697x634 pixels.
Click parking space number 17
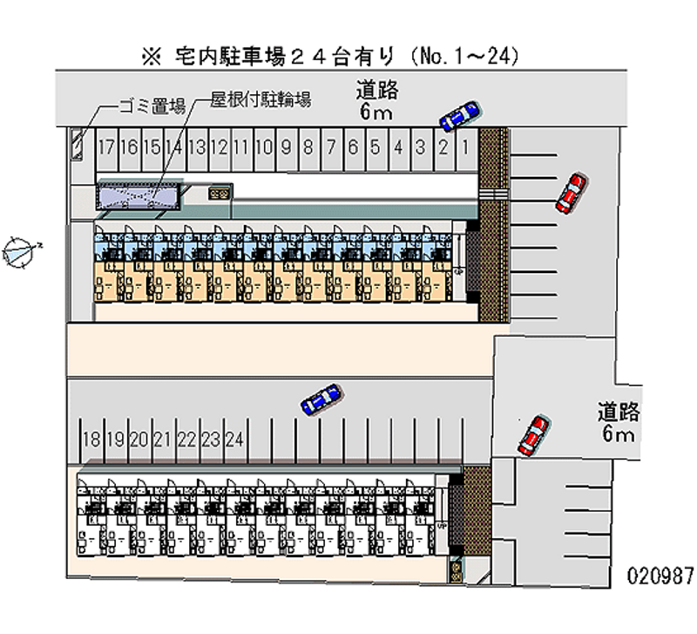point(106,147)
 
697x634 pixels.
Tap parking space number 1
point(466,147)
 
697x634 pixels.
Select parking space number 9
point(286,147)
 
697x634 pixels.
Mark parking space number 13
point(196,147)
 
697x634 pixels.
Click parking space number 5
point(376,147)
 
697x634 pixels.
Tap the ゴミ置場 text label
point(152,106)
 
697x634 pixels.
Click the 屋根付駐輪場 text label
point(261,99)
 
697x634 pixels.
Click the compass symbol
point(19,250)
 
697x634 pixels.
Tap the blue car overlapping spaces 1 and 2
point(459,115)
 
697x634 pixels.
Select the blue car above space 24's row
point(321,399)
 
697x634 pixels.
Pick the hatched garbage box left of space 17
point(77,144)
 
